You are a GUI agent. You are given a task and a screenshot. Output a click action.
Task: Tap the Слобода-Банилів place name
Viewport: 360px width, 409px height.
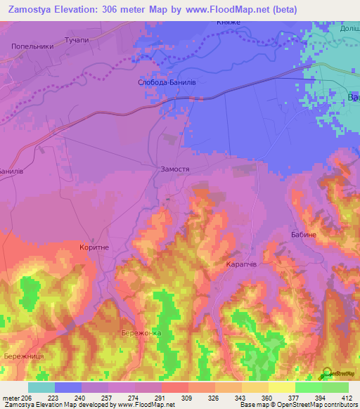pyautogui.click(x=166, y=82)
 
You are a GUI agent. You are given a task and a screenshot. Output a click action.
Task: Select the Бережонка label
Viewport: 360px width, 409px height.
pyautogui.click(x=141, y=333)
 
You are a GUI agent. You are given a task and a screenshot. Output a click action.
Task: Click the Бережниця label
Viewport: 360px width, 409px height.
pyautogui.click(x=25, y=356)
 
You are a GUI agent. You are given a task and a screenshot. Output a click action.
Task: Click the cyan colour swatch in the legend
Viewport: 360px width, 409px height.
pyautogui.click(x=41, y=387)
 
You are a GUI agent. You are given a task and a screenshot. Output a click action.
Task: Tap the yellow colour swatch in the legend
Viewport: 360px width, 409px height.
pyautogui.click(x=282, y=387)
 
